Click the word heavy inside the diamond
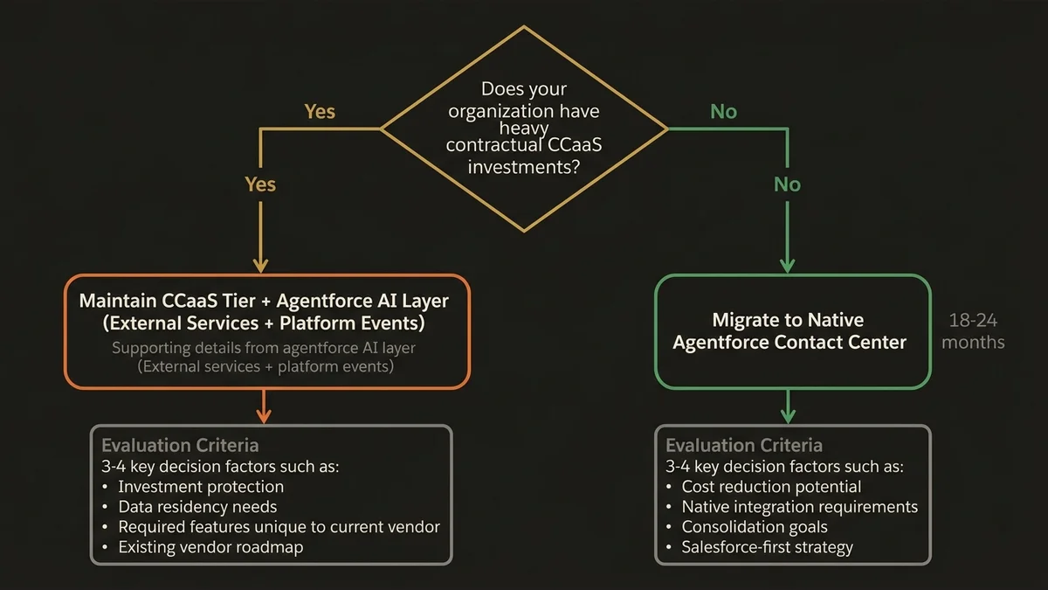pos(524,128)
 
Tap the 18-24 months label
pos(973,331)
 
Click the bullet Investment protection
pos(201,487)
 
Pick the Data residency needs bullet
pos(197,507)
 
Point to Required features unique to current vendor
pos(279,527)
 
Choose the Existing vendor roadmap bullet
pos(211,547)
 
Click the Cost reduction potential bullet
pos(771,487)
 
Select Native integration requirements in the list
pos(799,507)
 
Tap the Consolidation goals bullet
pos(755,527)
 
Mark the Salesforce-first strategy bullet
pos(767,547)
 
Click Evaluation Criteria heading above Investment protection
pos(180,445)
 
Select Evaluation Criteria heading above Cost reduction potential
pos(744,445)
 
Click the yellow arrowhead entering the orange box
pos(259,265)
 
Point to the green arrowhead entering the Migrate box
pos(788,265)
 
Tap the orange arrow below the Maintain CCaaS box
pos(264,406)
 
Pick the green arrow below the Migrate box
pos(788,406)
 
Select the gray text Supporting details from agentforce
pos(264,348)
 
